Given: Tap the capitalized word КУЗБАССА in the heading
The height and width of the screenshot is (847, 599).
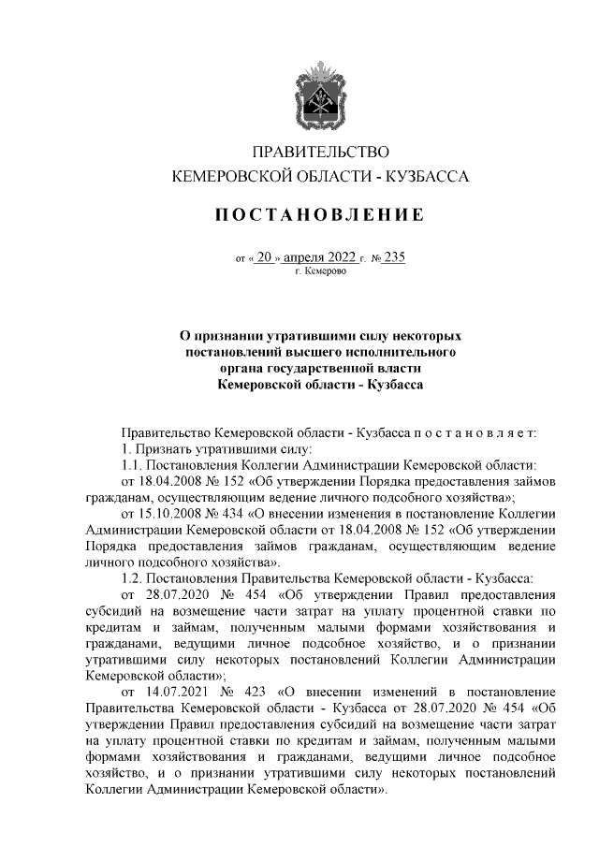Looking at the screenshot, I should coord(429,176).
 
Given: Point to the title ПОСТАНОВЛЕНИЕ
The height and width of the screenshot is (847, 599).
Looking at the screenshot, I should coord(320,214).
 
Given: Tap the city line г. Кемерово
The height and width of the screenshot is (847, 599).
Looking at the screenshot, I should coord(320,271).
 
